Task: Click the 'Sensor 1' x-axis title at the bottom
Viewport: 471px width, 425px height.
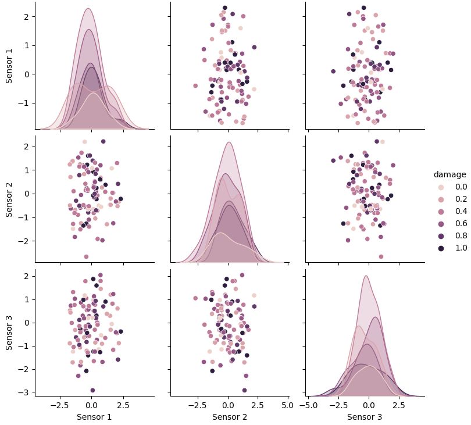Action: [95, 417]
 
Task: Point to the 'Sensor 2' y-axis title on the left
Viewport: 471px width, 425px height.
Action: [10, 199]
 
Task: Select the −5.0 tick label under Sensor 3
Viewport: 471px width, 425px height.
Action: [311, 405]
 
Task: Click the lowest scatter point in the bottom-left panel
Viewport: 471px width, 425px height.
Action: [92, 390]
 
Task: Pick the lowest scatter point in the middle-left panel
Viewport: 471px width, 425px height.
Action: [86, 256]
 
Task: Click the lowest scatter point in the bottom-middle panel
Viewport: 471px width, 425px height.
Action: [244, 390]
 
